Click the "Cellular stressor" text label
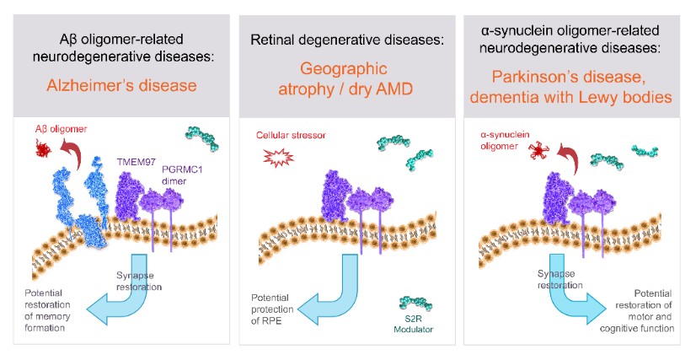pos(290,135)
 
